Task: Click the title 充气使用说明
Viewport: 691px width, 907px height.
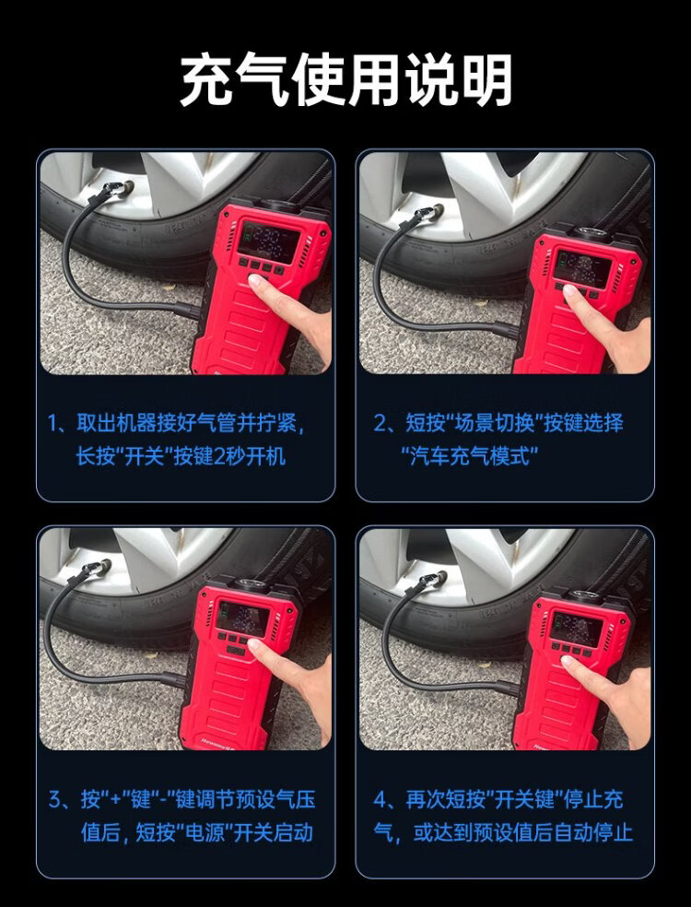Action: [x=346, y=80]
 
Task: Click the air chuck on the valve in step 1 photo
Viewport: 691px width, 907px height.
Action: [x=115, y=190]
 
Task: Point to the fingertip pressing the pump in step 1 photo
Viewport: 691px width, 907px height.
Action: [x=257, y=282]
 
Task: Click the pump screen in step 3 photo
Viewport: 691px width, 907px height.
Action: [x=243, y=617]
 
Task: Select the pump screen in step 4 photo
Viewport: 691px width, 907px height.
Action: [x=575, y=626]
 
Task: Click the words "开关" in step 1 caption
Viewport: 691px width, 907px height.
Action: [x=142, y=456]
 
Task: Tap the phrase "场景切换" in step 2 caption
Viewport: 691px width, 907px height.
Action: [x=493, y=423]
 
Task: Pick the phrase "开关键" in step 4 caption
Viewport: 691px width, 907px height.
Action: [x=527, y=800]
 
